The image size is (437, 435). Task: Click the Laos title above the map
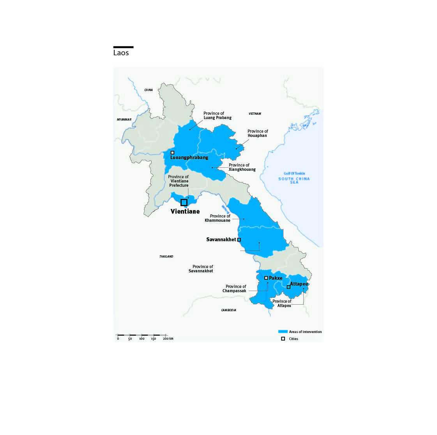point(121,53)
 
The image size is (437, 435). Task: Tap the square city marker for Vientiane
point(184,202)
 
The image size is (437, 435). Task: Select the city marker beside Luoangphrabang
point(172,153)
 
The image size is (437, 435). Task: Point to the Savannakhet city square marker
point(239,240)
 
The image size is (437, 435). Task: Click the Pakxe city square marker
point(266,278)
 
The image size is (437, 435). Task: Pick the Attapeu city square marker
point(288,287)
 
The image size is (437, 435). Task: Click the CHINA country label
point(149,90)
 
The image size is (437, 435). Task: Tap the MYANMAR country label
point(124,119)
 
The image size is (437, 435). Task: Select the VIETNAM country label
point(255,114)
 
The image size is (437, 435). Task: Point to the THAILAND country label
point(166,256)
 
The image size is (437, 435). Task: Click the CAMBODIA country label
point(228,310)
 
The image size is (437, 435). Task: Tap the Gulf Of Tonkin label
point(294,174)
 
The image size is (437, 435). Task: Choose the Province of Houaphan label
point(258,133)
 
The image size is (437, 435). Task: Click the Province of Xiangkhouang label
point(242,167)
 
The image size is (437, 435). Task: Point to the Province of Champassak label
point(235,289)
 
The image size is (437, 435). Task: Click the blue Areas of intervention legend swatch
point(283,332)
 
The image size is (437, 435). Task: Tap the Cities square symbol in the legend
point(283,339)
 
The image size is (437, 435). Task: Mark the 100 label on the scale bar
point(142,339)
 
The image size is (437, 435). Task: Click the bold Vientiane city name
point(185,211)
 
